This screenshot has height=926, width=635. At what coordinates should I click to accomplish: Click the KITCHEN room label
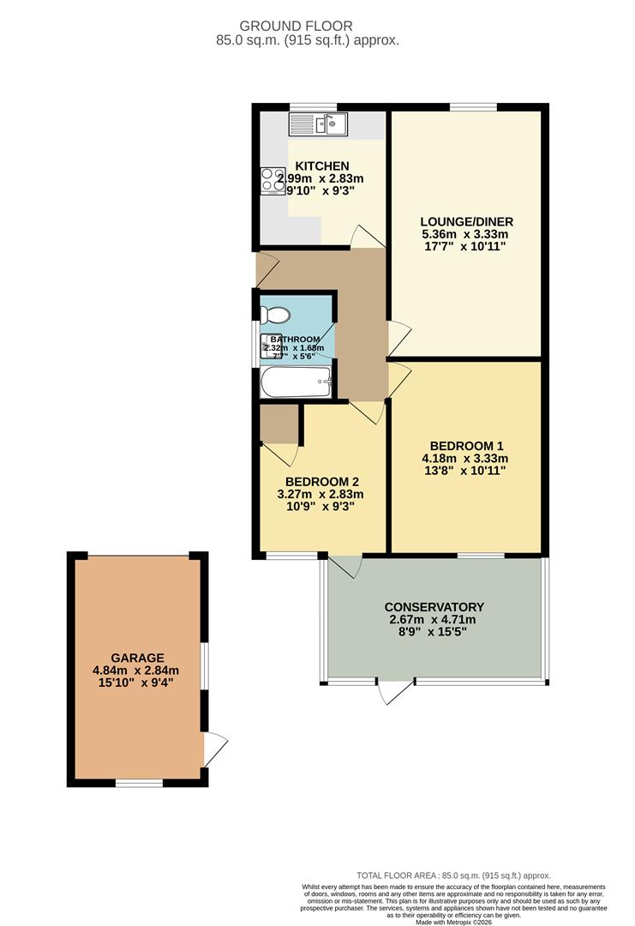click(321, 165)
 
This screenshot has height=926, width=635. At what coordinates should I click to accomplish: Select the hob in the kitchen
click(273, 180)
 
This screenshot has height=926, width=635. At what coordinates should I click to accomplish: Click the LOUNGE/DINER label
click(466, 221)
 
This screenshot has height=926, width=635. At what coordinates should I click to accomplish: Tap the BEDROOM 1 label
click(466, 446)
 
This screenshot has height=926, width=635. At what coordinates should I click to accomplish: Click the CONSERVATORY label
click(434, 607)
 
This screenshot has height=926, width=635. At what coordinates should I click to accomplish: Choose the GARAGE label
click(137, 658)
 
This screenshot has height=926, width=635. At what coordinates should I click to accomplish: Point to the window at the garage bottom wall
click(140, 782)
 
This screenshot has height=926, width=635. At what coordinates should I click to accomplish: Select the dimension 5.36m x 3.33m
click(466, 234)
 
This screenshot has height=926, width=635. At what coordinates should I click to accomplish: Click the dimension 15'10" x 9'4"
click(137, 684)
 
